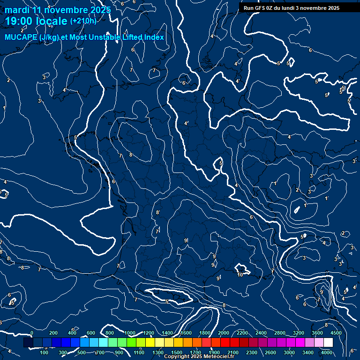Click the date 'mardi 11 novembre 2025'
(x=58, y=10)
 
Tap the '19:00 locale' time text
(x=36, y=21)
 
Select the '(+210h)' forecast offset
(x=83, y=21)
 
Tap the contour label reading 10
(x=240, y=275)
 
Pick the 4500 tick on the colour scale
(x=336, y=333)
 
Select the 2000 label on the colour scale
(x=224, y=333)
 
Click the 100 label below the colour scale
(x=45, y=352)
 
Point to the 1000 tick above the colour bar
(x=130, y=333)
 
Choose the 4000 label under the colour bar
(x=327, y=352)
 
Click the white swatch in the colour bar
(x=328, y=343)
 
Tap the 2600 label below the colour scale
(x=270, y=352)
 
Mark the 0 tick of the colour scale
(x=32, y=333)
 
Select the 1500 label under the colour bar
(x=177, y=352)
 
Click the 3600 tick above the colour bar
(x=317, y=333)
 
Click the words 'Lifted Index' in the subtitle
(x=142, y=37)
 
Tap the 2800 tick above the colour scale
(x=280, y=333)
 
